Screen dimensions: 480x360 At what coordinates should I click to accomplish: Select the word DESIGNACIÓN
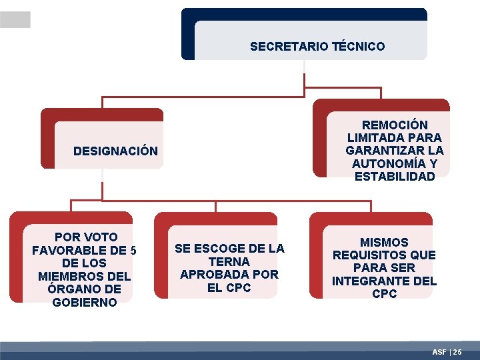tap(115, 151)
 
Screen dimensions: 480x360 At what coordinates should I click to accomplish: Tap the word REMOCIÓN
tap(395, 125)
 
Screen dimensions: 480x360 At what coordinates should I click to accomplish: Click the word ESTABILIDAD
tap(395, 177)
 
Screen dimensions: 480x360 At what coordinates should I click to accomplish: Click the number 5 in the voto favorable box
tap(133, 251)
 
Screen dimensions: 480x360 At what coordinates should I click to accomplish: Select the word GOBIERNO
tap(84, 302)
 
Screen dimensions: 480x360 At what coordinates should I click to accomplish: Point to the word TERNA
tap(229, 262)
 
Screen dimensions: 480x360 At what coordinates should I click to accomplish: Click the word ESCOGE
tap(224, 249)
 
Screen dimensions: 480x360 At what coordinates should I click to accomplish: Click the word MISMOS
tap(384, 243)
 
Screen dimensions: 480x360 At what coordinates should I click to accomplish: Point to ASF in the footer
tap(439, 351)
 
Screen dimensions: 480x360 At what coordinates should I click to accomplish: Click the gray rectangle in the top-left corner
tap(15, 20)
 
